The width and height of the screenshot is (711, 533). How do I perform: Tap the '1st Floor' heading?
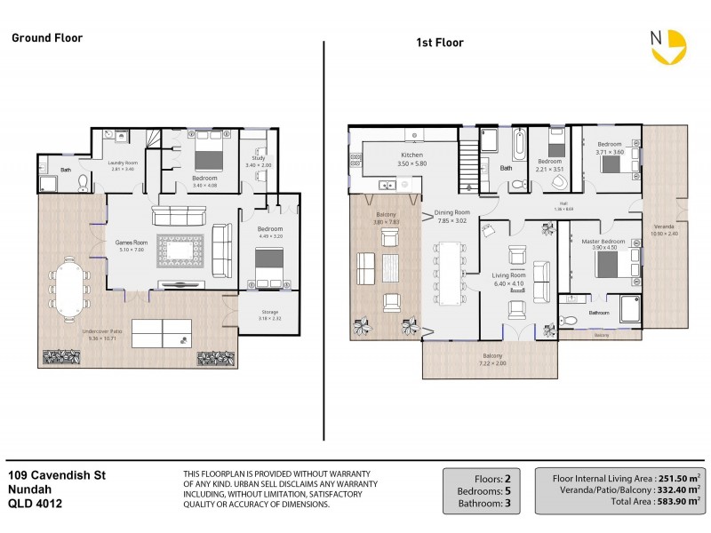(440, 43)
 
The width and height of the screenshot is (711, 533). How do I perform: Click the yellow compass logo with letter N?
(667, 48)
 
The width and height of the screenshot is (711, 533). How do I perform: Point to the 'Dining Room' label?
(451, 213)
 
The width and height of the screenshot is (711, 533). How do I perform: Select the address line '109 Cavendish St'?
(57, 475)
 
